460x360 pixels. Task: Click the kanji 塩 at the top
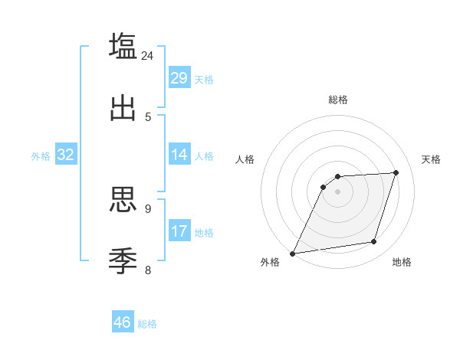123,45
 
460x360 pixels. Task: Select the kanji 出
123,108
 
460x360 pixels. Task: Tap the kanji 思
123,200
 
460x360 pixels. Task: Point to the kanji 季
123,260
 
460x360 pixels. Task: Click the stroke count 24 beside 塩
147,56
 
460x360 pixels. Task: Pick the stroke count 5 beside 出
148,116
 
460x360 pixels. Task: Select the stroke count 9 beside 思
148,208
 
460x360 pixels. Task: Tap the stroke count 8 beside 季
148,269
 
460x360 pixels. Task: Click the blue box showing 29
179,78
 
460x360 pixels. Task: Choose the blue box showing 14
179,155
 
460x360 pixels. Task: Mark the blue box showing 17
179,231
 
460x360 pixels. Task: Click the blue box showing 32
66,155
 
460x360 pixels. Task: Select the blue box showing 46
123,322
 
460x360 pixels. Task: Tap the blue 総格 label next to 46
147,324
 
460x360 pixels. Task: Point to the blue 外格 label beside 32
41,156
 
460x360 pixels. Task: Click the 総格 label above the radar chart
338,100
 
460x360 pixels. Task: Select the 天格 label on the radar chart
431,159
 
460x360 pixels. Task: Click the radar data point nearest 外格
292,254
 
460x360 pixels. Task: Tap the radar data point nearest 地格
374,242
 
